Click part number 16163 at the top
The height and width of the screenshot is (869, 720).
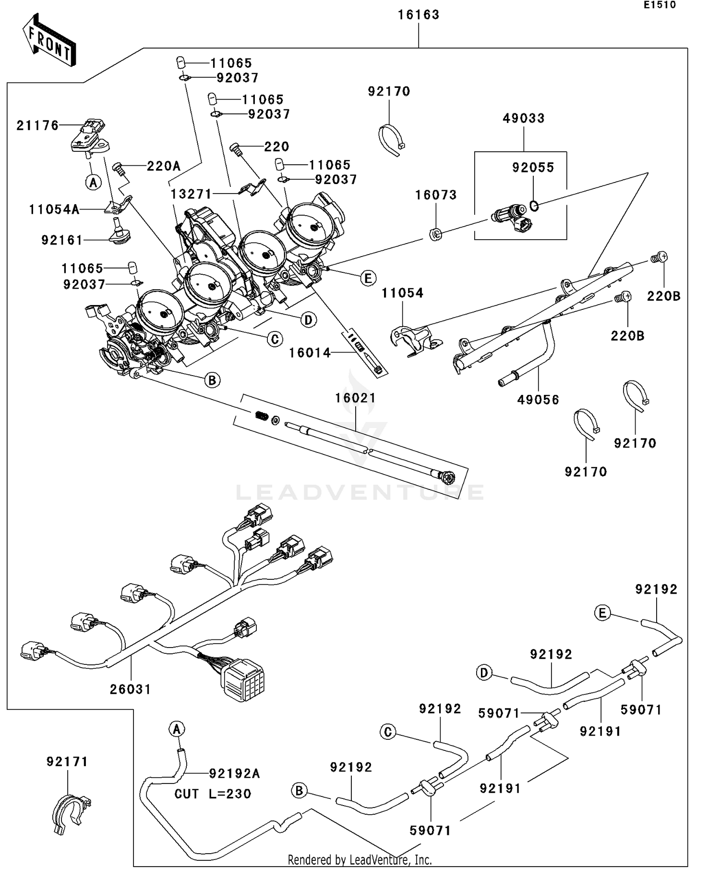419,15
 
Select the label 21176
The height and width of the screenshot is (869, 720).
37,126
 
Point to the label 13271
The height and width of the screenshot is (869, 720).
191,194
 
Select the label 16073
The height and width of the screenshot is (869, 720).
436,195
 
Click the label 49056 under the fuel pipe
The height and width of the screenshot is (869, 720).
538,400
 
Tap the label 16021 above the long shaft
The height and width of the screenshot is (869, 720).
355,398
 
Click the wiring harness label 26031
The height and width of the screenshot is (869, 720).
131,689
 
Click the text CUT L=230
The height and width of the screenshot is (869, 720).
213,794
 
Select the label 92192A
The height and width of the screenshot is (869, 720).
234,773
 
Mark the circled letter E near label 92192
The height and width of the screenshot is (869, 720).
602,613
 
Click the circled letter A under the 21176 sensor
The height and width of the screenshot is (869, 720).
93,183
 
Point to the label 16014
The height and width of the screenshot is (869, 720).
310,353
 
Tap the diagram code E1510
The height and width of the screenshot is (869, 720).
660,5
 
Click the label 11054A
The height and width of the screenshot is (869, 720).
54,209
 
